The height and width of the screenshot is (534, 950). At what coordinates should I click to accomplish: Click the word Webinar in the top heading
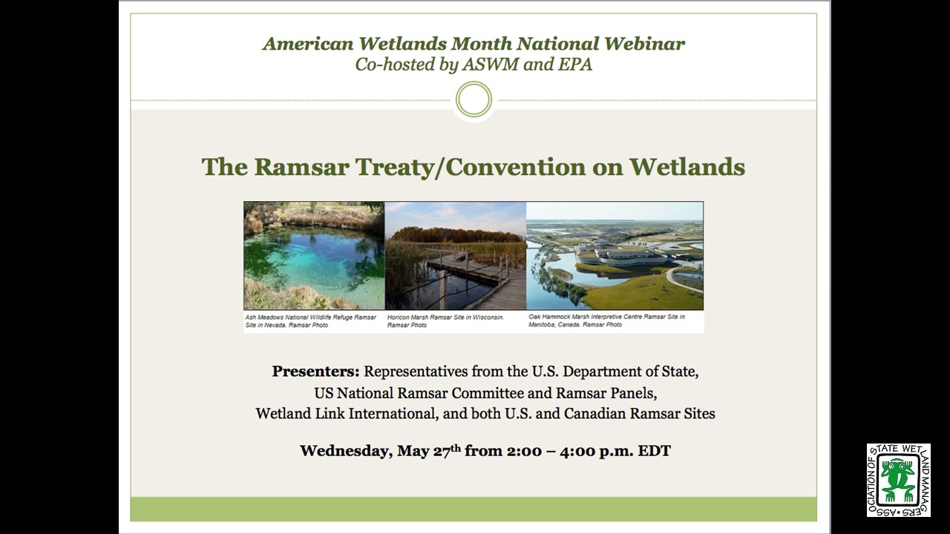click(x=643, y=44)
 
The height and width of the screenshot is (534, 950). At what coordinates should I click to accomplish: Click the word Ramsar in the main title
click(x=301, y=167)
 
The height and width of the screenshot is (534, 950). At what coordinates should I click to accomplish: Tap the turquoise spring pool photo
click(x=314, y=256)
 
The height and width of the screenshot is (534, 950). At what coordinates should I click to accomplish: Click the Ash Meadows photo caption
click(x=311, y=321)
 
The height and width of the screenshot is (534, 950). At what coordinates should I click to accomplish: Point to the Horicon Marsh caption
click(x=445, y=321)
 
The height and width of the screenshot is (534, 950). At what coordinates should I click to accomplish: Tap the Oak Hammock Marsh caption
click(x=606, y=321)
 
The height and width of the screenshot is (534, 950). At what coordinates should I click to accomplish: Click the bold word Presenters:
click(x=316, y=372)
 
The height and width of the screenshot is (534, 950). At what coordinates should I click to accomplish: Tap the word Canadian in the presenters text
click(x=594, y=413)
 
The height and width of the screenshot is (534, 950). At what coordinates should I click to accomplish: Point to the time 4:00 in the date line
click(x=577, y=450)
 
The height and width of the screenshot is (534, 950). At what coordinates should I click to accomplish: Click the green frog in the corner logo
click(x=897, y=481)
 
